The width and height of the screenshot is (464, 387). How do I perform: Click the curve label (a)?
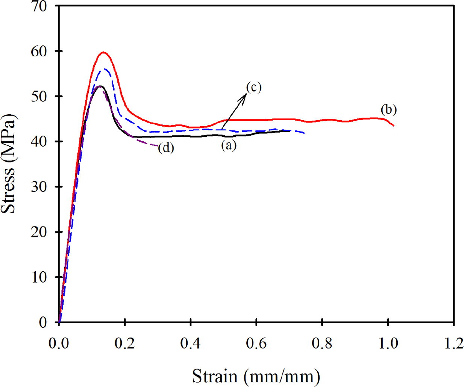pos(229,145)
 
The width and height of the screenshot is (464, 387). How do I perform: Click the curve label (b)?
pos(388,110)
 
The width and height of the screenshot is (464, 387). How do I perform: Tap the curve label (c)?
pos(254,87)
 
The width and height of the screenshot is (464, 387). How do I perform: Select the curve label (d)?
pos(166,148)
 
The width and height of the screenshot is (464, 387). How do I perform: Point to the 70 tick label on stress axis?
pos(39,6)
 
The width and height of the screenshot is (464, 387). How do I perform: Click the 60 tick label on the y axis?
pos(39,51)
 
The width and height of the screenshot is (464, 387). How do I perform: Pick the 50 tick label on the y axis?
pos(39,96)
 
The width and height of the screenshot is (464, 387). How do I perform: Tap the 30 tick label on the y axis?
pos(39,187)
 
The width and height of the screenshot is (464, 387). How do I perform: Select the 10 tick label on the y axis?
pos(39,277)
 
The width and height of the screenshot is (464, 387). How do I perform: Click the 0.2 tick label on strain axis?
pos(124,343)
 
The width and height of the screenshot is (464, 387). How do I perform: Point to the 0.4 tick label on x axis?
pos(190,343)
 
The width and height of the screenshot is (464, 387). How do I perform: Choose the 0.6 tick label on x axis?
pos(256,343)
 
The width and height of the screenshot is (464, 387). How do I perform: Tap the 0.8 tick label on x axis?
pos(322,343)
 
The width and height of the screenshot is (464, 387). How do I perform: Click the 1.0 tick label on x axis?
pos(388,343)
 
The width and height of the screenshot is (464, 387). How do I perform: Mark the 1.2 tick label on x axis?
pos(453,343)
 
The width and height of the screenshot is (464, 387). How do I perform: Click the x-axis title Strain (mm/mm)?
pos(256,376)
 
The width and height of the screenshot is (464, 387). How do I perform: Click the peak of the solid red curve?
pos(103,52)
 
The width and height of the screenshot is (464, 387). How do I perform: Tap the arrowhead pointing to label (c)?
pos(245,95)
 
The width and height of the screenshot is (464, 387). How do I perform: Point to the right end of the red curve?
pos(393,125)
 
